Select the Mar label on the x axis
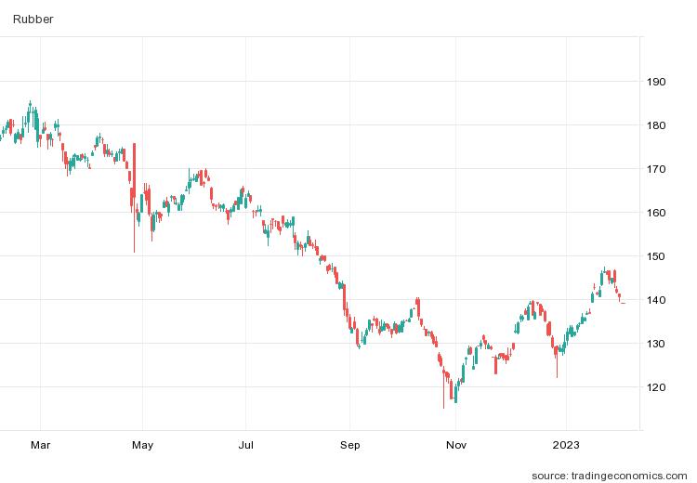pyautogui.click(x=40, y=445)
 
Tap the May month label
pyautogui.click(x=142, y=445)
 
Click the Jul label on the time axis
pyautogui.click(x=246, y=445)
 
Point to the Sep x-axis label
pyautogui.click(x=349, y=445)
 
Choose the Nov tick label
pyautogui.click(x=454, y=445)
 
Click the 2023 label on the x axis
pyautogui.click(x=565, y=445)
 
